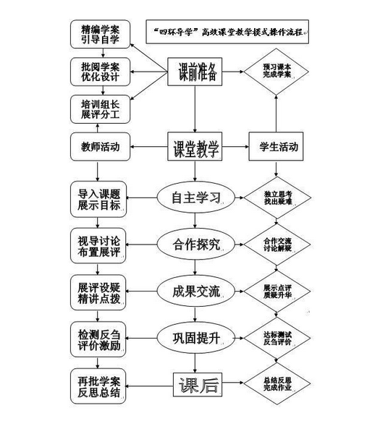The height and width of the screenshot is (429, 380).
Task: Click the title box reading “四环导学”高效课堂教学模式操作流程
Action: (227, 30)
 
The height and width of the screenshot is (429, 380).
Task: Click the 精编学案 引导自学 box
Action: (101, 35)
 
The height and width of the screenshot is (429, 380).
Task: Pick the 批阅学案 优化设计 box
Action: (101, 72)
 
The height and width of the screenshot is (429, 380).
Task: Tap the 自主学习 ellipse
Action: (195, 197)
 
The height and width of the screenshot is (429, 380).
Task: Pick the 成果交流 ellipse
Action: (195, 289)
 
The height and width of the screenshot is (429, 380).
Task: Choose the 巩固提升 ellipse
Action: (195, 336)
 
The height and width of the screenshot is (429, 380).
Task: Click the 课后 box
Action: (195, 385)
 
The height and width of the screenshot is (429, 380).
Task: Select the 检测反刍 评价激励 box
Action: (101, 336)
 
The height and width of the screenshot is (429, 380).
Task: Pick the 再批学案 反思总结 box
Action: (101, 385)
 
